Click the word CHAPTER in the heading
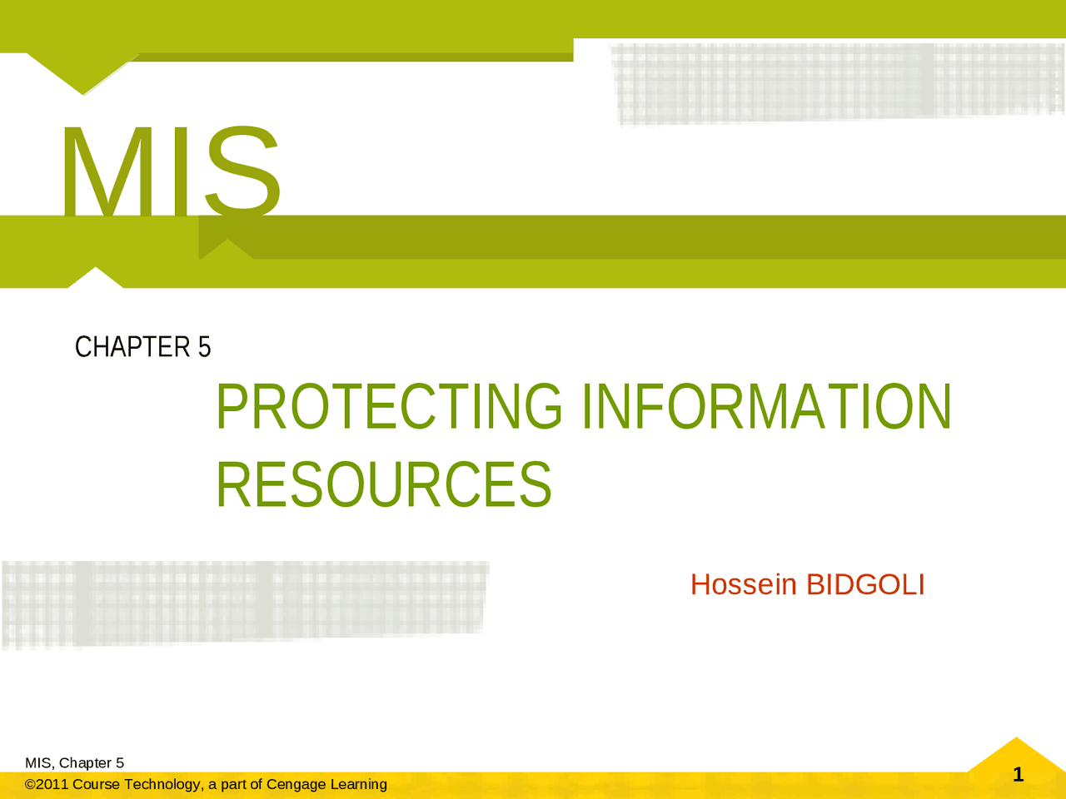click(132, 347)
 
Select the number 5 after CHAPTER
click(204, 347)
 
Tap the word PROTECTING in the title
click(389, 407)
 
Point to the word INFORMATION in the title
click(766, 407)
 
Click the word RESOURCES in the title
click(384, 485)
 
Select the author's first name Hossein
click(744, 585)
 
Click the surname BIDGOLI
click(865, 585)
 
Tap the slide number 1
click(1018, 776)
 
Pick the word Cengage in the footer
click(296, 784)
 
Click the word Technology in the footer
click(162, 784)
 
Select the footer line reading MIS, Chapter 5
click(74, 763)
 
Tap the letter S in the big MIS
click(242, 172)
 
